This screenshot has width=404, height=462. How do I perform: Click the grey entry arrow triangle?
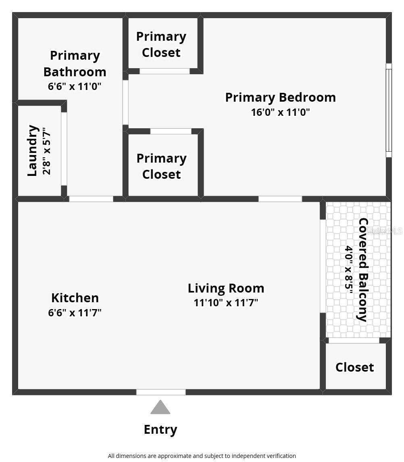(x=160, y=408)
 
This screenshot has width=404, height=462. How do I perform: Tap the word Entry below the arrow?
(x=160, y=430)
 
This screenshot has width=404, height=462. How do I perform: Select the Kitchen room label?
(x=75, y=298)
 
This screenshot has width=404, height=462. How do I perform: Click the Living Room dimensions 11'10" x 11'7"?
(x=226, y=303)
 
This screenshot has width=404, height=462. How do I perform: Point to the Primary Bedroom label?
(x=280, y=97)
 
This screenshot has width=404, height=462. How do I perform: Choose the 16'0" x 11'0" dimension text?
(x=280, y=112)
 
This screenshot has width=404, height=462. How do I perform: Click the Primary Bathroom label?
(x=75, y=63)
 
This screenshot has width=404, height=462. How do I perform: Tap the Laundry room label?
(x=33, y=151)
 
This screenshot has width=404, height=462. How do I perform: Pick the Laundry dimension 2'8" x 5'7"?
(x=47, y=151)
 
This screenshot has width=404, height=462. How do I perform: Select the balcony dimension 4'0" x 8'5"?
(x=348, y=270)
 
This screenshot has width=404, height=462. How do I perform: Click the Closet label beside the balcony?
(x=355, y=367)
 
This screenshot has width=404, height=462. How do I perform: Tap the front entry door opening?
(x=161, y=392)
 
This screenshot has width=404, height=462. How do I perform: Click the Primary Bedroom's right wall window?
(x=389, y=110)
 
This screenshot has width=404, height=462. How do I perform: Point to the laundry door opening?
(x=64, y=148)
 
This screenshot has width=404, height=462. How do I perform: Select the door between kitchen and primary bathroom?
(x=91, y=199)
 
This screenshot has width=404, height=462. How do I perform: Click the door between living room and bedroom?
(x=280, y=199)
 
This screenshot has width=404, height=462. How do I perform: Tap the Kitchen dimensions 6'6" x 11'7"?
(x=75, y=313)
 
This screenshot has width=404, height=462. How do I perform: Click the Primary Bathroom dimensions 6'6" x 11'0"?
(x=75, y=86)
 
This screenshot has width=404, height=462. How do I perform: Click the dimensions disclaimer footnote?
(x=202, y=456)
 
